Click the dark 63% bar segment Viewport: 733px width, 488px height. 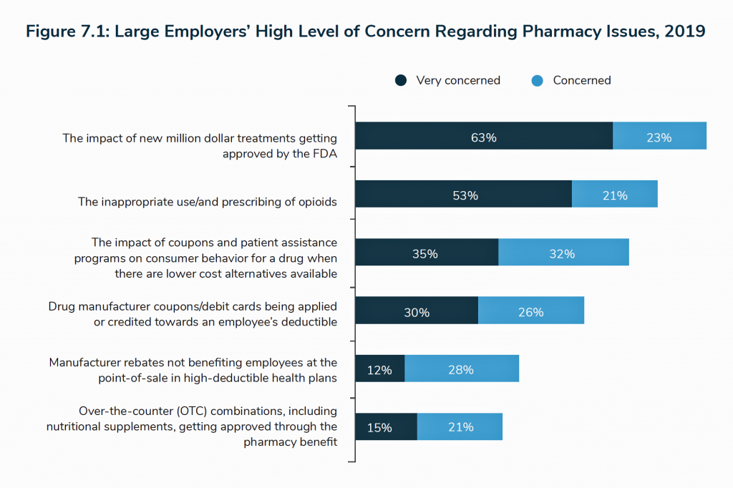(484, 136)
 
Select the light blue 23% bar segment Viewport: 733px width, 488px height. (659, 136)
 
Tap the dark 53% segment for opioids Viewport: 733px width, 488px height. (464, 194)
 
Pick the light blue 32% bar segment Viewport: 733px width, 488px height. (563, 253)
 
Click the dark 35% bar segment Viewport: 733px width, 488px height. (427, 253)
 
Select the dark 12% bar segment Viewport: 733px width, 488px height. (380, 369)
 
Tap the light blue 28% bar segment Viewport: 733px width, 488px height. (462, 369)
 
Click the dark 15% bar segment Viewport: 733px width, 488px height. (386, 427)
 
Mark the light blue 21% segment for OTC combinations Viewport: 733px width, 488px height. (460, 427)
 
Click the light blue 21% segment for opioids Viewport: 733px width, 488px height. (614, 194)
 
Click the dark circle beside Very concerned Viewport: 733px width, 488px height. (401, 81)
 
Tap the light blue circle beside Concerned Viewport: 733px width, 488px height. (538, 81)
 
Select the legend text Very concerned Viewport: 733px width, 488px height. (458, 81)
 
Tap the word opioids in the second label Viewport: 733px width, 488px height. (314, 201)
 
